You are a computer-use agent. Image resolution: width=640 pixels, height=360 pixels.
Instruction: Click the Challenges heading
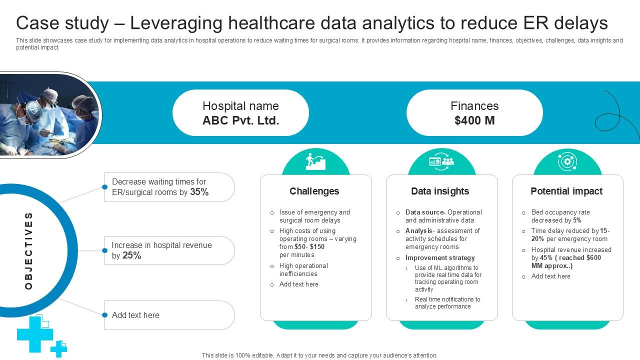pyautogui.click(x=314, y=191)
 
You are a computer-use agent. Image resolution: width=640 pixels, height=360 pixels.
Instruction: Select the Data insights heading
pyautogui.click(x=440, y=191)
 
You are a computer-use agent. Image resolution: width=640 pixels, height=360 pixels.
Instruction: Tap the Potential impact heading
pyautogui.click(x=566, y=191)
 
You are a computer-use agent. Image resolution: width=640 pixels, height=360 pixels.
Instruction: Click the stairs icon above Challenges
pyautogui.click(x=315, y=161)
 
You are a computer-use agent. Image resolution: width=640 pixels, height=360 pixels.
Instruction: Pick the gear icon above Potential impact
pyautogui.click(x=567, y=161)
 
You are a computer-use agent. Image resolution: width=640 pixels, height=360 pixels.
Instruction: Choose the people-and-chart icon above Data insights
pyautogui.click(x=441, y=161)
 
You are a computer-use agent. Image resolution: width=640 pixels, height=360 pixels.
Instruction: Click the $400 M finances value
pyautogui.click(x=474, y=120)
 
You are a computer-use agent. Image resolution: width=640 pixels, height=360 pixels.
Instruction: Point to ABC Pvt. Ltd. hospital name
pyautogui.click(x=240, y=120)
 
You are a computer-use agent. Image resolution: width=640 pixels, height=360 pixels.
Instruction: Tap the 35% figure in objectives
pyautogui.click(x=199, y=192)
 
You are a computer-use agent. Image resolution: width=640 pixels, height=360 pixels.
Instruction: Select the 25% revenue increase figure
pyautogui.click(x=132, y=255)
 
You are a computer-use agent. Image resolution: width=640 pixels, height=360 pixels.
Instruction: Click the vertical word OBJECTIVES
pyautogui.click(x=28, y=250)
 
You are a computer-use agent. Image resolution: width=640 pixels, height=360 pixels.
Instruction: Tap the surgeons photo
pyautogui.click(x=47, y=115)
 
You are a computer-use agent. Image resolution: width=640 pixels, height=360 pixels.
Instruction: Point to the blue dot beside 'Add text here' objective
pyautogui.click(x=104, y=315)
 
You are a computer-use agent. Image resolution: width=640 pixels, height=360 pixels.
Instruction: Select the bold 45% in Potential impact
pyautogui.click(x=546, y=258)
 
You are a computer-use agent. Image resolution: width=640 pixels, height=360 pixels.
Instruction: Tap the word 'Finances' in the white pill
pyautogui.click(x=474, y=106)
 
